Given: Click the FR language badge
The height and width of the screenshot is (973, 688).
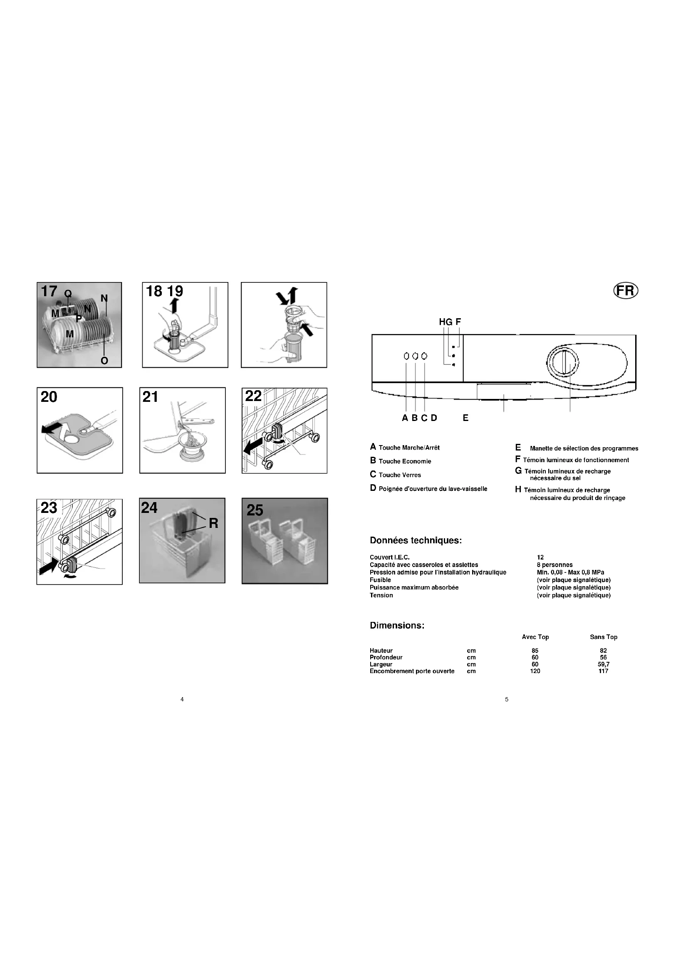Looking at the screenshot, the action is pyautogui.click(x=626, y=291).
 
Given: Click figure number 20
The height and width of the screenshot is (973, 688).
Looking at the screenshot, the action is pyautogui.click(x=49, y=397).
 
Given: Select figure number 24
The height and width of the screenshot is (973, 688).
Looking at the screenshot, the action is pyautogui.click(x=150, y=508).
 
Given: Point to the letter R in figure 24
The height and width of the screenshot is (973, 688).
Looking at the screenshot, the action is pyautogui.click(x=213, y=524).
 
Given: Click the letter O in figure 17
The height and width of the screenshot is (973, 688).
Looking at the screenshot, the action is pyautogui.click(x=104, y=361).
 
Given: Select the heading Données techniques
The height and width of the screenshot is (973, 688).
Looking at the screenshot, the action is pyautogui.click(x=416, y=541).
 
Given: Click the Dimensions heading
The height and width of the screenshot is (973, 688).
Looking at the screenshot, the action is pyautogui.click(x=397, y=626).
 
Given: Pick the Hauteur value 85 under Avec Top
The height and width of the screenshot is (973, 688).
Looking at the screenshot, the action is pyautogui.click(x=535, y=651).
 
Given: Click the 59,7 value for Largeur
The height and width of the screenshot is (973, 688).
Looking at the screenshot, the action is pyautogui.click(x=604, y=664).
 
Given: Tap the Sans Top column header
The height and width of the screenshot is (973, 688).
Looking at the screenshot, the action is pyautogui.click(x=604, y=637).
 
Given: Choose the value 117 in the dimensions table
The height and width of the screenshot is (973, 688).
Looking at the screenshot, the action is pyautogui.click(x=604, y=671).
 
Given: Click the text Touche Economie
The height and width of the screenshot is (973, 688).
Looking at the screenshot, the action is pyautogui.click(x=405, y=461).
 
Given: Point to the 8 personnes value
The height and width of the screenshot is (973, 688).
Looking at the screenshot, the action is pyautogui.click(x=554, y=565).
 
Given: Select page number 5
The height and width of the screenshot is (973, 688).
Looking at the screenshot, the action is pyautogui.click(x=507, y=699).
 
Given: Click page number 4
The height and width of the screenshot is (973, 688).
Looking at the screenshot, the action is pyautogui.click(x=182, y=699).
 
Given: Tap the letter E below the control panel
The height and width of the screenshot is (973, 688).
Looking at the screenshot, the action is pyautogui.click(x=465, y=418).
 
